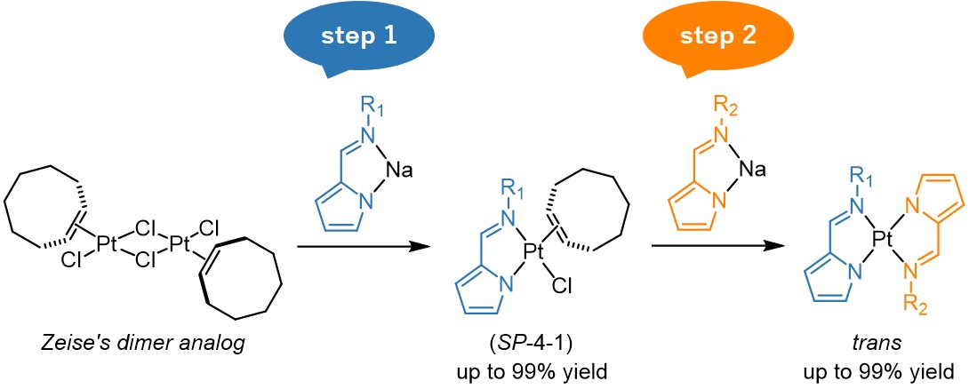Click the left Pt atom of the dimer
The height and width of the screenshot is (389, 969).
click(108, 241)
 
